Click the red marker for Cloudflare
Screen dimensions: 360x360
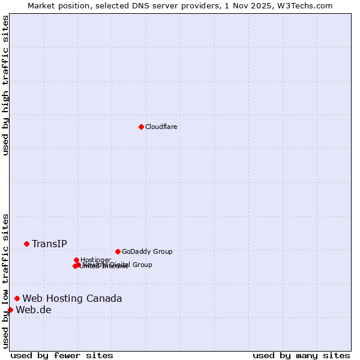tap(141, 127)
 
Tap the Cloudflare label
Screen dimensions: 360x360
tap(161, 127)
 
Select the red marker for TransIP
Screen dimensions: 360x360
tap(26, 244)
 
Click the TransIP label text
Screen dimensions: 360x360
tap(49, 244)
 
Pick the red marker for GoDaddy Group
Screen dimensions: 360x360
tap(118, 251)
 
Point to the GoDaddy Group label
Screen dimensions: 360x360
tap(147, 251)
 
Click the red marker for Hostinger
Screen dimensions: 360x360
tap(76, 260)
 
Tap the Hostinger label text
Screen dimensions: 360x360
tap(95, 260)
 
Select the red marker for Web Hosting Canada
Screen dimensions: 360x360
tap(17, 298)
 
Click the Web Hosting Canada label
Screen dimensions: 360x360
tap(72, 298)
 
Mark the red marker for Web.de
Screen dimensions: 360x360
tap(10, 310)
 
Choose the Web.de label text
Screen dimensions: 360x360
tap(34, 310)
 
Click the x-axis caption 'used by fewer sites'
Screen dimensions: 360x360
tap(62, 355)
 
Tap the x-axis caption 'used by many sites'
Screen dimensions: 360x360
tap(301, 355)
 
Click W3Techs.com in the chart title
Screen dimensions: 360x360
tap(308, 5)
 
